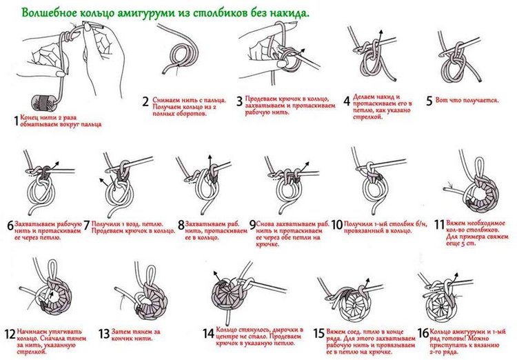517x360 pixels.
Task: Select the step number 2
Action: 145,101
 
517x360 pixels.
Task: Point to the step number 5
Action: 429,101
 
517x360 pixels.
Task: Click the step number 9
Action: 252,225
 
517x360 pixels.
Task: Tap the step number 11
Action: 439,225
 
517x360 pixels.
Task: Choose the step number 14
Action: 208,334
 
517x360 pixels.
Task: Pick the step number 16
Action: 423,333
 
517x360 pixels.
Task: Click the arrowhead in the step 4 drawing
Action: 381,32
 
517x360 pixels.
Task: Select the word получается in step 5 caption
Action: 481,100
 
